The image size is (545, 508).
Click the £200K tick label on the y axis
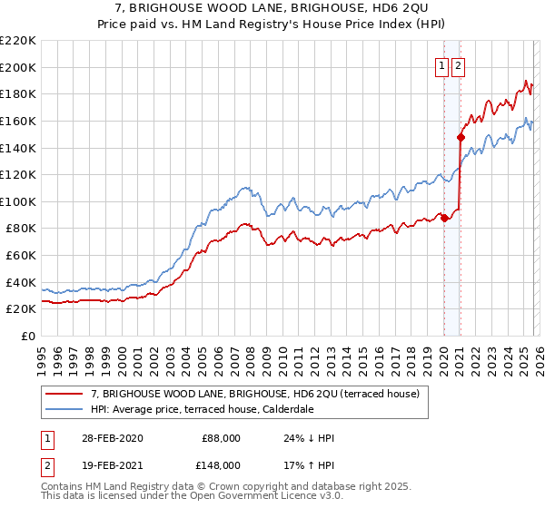pos(18,67)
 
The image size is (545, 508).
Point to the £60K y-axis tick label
pos(21,256)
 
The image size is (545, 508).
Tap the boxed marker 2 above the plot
pos(458,65)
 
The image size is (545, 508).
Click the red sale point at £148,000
pos(461,138)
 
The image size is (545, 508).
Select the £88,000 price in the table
pos(221,438)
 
